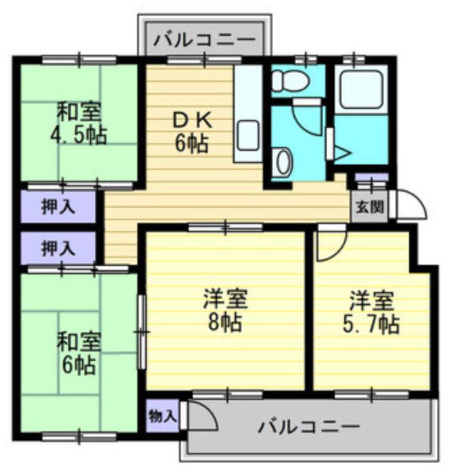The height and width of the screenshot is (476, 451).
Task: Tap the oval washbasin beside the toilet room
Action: (285, 161)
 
